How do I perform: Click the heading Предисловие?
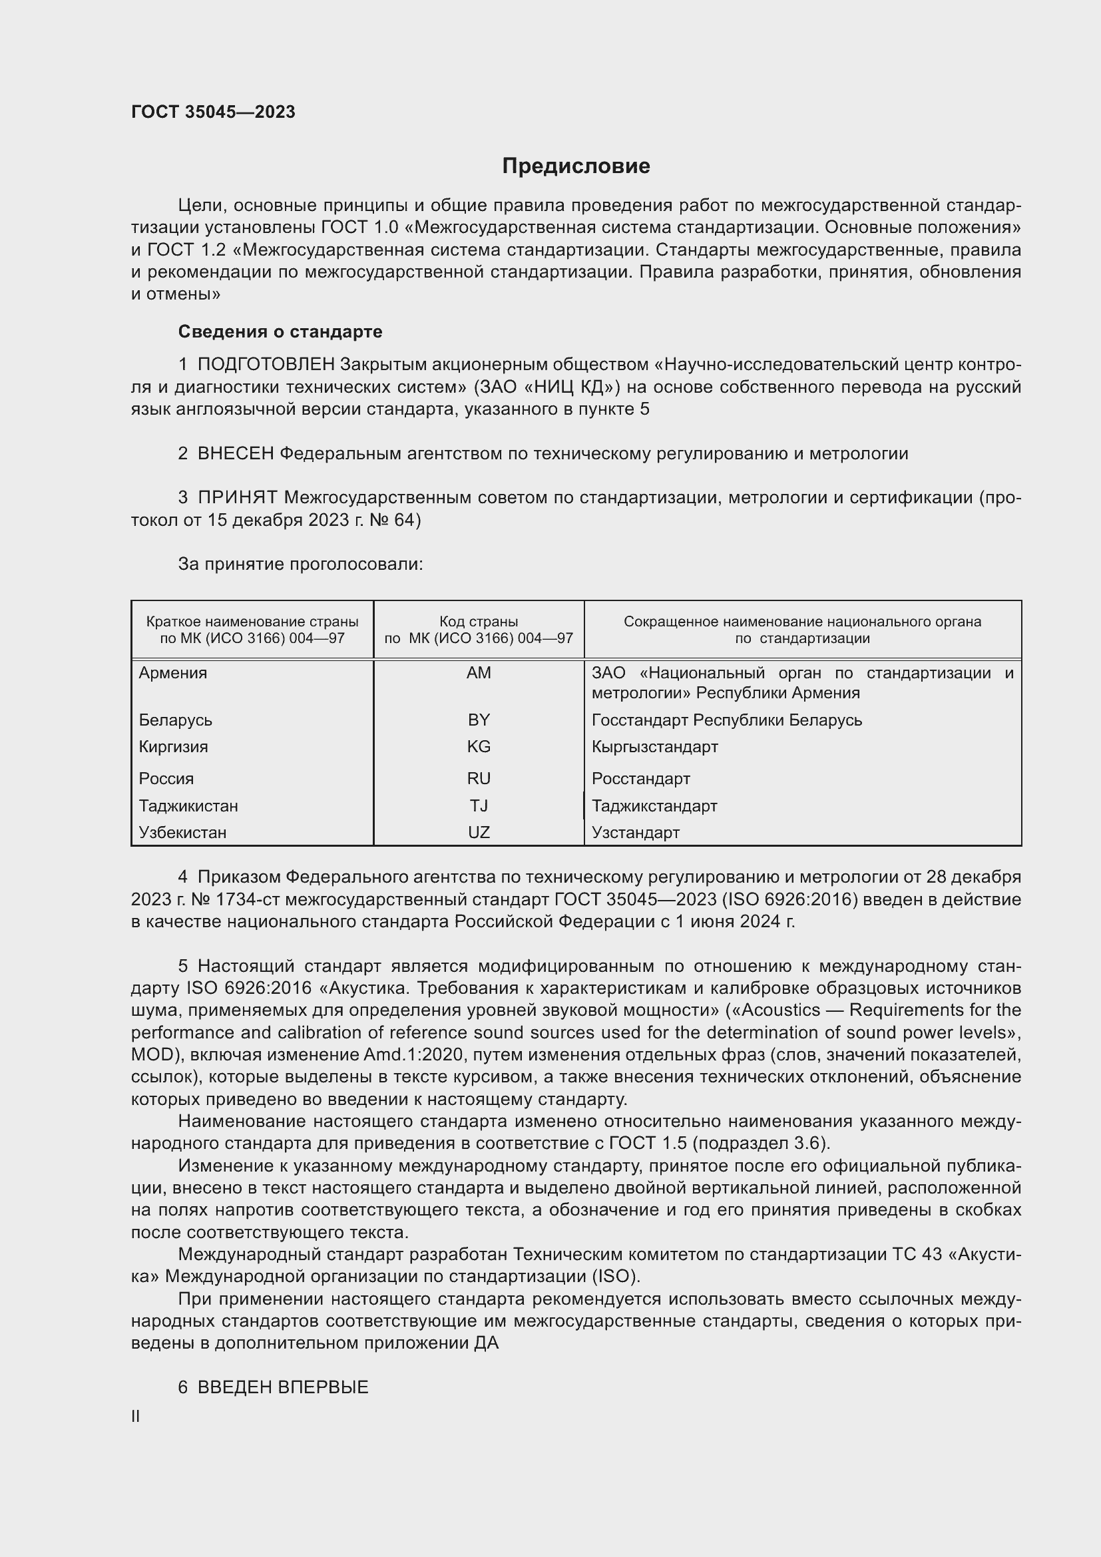coord(576,166)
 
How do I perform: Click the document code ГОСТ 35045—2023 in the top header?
coord(213,112)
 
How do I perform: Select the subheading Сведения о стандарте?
coord(280,332)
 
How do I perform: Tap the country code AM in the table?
coord(479,673)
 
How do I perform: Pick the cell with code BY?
coord(479,720)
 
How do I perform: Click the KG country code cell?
coord(479,747)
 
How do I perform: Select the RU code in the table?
coord(479,779)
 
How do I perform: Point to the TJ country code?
coord(479,805)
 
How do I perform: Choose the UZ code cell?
coord(479,832)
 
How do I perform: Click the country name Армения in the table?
coord(173,673)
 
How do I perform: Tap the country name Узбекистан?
coord(182,832)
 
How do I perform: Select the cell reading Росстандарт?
coord(640,779)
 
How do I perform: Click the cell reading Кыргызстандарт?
coord(654,747)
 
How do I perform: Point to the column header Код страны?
coord(479,621)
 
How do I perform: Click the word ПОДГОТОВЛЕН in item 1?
coord(266,365)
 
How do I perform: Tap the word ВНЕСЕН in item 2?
coord(235,454)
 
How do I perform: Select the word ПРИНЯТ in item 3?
coord(237,498)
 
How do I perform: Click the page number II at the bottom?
coord(136,1416)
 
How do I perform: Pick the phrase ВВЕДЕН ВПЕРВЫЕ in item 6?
coord(283,1387)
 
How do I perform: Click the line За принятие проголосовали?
coord(300,564)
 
